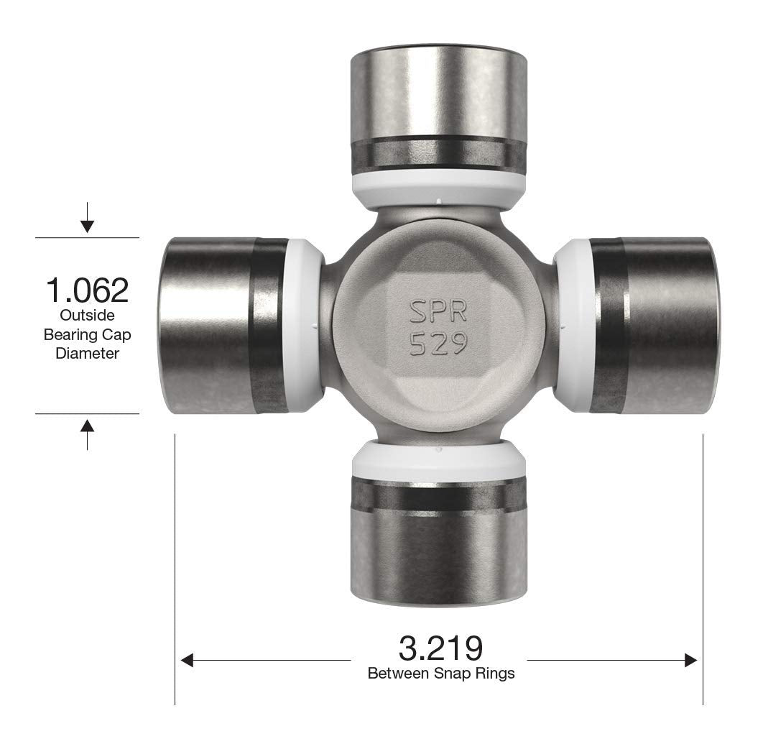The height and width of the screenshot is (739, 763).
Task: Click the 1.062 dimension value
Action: point(87,290)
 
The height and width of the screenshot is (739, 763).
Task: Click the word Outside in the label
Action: point(87,315)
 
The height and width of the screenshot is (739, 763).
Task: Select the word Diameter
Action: point(87,353)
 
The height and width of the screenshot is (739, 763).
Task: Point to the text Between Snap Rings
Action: point(440,674)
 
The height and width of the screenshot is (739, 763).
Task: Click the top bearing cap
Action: point(438,101)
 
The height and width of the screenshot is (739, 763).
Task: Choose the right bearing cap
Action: point(654,326)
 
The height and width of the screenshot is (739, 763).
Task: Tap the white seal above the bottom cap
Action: point(438,460)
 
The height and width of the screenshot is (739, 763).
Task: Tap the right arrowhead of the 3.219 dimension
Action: point(690,660)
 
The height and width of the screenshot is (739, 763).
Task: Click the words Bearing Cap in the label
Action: point(87,334)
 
